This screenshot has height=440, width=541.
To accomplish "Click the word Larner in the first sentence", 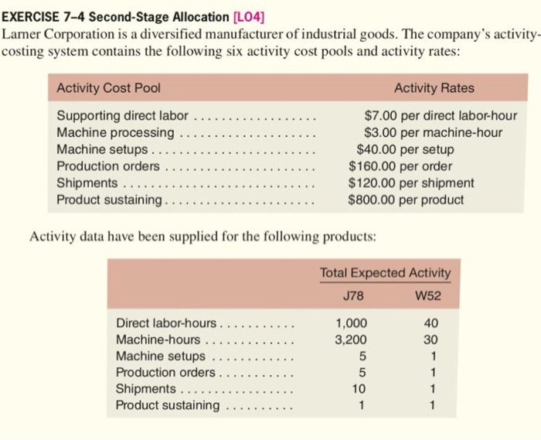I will point(23,34).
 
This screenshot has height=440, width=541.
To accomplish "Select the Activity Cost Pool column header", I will point(108,88).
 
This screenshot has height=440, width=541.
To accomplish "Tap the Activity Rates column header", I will point(434,88).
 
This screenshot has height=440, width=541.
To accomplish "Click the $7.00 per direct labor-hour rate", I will point(441,116).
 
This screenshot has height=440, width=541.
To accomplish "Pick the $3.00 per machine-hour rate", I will point(433,132).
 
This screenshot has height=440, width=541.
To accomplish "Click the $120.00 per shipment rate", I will point(411,183).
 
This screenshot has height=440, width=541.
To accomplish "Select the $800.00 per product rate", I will point(406,200).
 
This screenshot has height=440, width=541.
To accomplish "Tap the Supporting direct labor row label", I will point(122,116).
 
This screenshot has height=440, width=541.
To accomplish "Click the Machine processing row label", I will point(115,132).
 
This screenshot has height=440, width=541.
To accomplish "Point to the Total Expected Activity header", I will point(385,273).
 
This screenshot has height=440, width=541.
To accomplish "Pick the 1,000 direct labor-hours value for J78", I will point(352,323).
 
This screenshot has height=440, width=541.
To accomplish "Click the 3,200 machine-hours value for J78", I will point(352,339).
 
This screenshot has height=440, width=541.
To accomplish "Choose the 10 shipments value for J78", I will point(356,389).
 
